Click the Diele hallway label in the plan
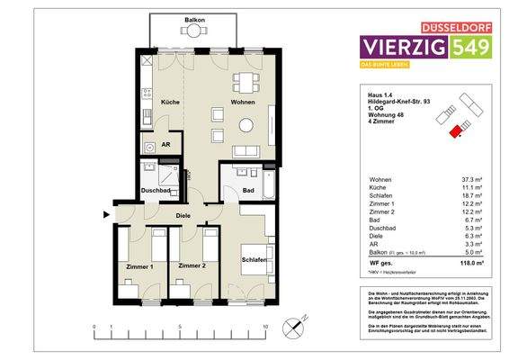pyautogui.click(x=183, y=216)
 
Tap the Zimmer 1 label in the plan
pyautogui.click(x=140, y=267)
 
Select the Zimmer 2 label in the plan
pyautogui.click(x=193, y=267)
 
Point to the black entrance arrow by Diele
pyautogui.click(x=108, y=214)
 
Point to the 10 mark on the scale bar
pyautogui.click(x=266, y=327)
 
